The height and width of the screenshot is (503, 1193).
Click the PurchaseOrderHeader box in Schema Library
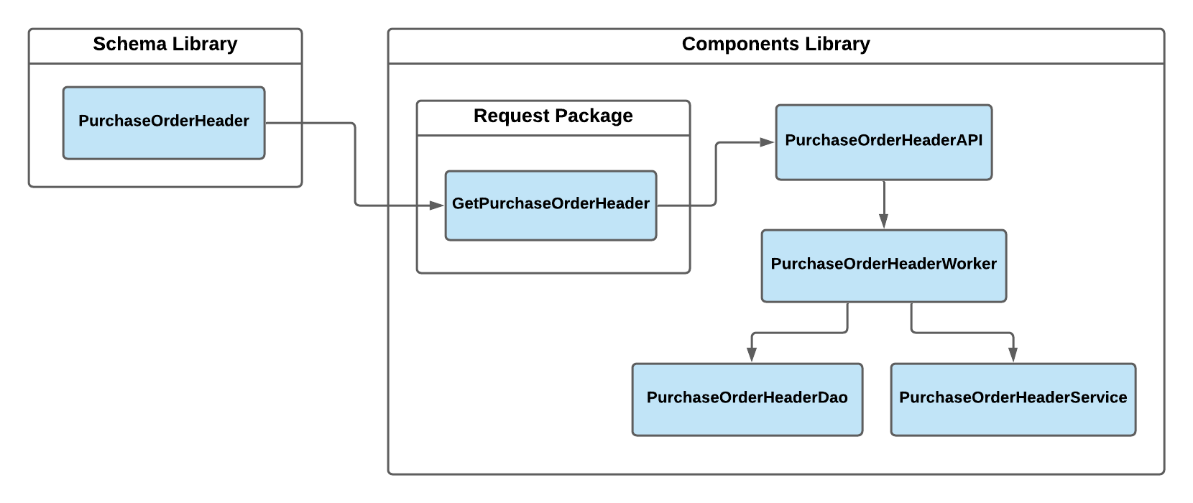tap(164, 123)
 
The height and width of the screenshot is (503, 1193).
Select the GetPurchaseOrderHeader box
tap(551, 205)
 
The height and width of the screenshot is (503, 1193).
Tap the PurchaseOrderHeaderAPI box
tap(883, 142)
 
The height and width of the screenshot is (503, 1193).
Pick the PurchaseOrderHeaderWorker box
tap(883, 265)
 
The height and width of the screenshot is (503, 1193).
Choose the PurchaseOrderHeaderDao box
tap(747, 399)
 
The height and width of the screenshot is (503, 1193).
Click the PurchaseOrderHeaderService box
tap(1013, 399)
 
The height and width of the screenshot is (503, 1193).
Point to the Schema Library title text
tap(165, 45)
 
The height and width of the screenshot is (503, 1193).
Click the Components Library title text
tap(775, 45)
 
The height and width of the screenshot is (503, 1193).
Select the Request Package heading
tap(553, 116)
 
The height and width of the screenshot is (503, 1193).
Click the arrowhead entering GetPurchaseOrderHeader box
tap(437, 206)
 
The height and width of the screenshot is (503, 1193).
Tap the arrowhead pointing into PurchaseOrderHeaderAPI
tap(767, 142)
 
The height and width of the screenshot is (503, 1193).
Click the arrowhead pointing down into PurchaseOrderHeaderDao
tap(752, 354)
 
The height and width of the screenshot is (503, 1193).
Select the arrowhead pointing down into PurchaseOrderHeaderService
tap(1013, 354)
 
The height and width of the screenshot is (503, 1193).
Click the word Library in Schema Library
tap(205, 45)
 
